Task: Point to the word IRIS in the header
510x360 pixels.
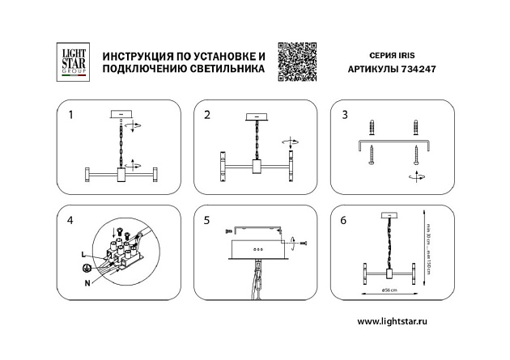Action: [404, 55]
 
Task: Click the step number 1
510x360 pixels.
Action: [71, 116]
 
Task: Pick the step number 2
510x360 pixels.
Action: [207, 116]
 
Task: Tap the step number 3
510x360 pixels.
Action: [345, 116]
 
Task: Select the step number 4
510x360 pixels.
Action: [71, 220]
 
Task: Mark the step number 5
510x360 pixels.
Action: [207, 220]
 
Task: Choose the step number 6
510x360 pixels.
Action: [345, 220]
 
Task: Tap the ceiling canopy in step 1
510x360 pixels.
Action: [121, 114]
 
